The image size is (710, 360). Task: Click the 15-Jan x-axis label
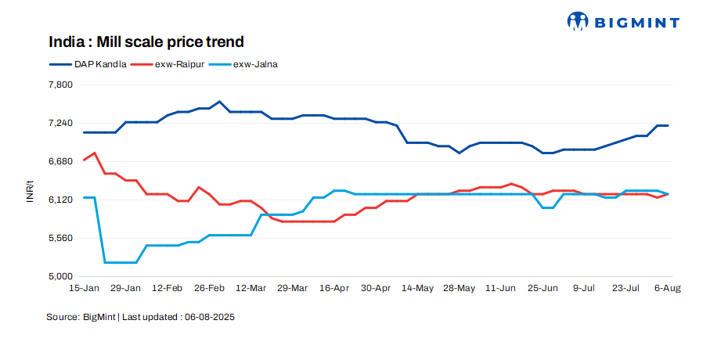coord(85,289)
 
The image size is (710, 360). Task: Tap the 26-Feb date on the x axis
coord(209,289)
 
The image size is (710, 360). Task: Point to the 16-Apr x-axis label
coord(334,289)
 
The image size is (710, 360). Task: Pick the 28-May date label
coord(460,289)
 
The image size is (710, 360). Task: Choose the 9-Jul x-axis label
coord(585,289)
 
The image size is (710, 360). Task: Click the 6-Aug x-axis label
coord(668,289)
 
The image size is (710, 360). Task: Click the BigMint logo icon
coord(578,21)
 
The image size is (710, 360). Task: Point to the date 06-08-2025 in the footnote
coord(209,318)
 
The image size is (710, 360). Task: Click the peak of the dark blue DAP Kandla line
coord(219,102)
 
